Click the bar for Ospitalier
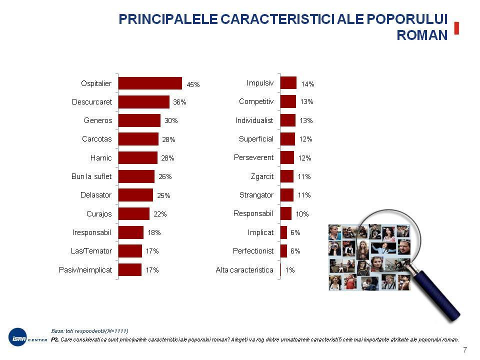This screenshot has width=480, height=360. tap(150, 83)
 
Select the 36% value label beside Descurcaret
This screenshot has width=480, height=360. tap(179, 102)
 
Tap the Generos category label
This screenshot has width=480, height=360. tap(98, 120)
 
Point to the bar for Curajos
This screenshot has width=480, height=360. tap(134, 214)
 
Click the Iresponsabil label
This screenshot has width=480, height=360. tap(92, 232)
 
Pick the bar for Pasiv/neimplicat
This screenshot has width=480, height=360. tap(130, 270)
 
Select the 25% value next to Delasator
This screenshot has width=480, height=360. tap(164, 195)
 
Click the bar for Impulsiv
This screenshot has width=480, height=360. tap(288, 83)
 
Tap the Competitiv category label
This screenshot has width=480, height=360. tap(256, 101)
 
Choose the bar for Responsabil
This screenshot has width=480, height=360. tap(286, 213)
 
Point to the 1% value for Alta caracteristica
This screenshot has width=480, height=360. tap(290, 270)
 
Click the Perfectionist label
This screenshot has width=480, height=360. tap(253, 250)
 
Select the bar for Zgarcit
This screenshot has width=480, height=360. tap(287, 176)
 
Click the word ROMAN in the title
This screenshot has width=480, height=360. tap(421, 35)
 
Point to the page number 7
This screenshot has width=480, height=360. tap(465, 349)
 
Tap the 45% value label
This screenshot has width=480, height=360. tap(193, 85)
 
